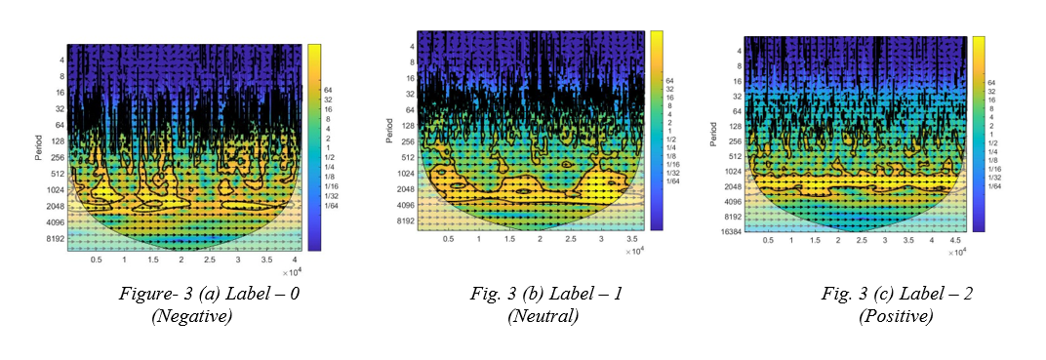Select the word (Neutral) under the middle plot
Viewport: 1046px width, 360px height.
pos(543,316)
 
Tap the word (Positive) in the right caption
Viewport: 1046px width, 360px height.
pos(896,316)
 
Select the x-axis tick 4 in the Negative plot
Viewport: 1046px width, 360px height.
pos(292,260)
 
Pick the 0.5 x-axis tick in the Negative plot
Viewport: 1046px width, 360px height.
pos(96,260)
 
